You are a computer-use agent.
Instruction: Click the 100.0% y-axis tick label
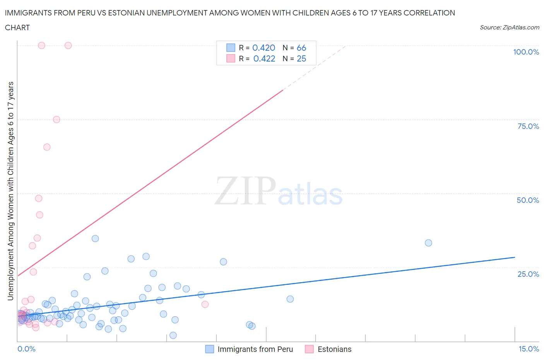point(526,52)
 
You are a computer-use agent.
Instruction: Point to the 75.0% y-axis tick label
point(528,126)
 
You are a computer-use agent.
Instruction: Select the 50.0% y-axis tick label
point(528,200)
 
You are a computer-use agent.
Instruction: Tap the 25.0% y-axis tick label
point(528,274)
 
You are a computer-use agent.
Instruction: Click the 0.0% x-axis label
point(26,349)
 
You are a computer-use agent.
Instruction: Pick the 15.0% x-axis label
point(529,349)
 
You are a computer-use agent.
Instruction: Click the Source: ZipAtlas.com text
point(509,27)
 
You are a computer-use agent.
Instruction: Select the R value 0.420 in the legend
point(263,48)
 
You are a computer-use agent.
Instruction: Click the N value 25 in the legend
point(301,58)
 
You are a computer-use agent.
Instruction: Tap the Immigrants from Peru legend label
point(255,349)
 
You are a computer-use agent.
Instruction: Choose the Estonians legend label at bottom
point(334,349)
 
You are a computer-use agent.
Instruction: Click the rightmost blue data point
point(428,243)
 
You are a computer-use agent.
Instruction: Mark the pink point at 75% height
point(56,120)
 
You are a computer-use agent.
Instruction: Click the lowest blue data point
point(173,335)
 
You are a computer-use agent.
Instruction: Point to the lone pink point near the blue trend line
point(205,304)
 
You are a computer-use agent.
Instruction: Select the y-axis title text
point(10,191)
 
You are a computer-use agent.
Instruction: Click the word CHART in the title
point(17,27)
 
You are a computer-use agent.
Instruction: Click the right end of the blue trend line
point(515,257)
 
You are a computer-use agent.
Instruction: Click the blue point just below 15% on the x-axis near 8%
point(290,299)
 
